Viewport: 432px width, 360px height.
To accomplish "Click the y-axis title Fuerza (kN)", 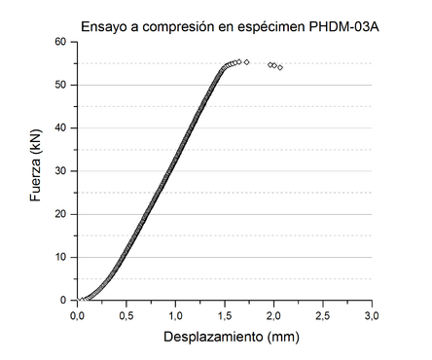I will pos(36,171).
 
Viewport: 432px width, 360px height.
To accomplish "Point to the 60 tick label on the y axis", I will pos(59,42).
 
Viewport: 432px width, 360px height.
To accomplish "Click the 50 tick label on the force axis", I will pos(59,85).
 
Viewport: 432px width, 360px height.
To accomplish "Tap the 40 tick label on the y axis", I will pos(59,127).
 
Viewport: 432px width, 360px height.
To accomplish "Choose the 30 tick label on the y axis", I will pos(59,171).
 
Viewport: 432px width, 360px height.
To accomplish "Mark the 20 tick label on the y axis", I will pos(59,214).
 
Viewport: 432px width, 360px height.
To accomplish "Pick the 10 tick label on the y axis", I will pos(59,257).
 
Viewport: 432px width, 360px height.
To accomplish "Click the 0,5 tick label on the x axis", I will pos(126,315).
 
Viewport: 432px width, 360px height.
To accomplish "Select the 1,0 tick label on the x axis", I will pos(175,315).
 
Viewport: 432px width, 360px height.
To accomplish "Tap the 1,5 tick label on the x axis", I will pos(225,315).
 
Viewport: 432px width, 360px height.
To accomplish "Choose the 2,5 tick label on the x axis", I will pos(323,315).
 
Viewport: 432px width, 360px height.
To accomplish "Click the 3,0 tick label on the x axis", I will pos(372,315).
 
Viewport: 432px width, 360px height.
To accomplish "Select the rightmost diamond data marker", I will pos(280,67).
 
